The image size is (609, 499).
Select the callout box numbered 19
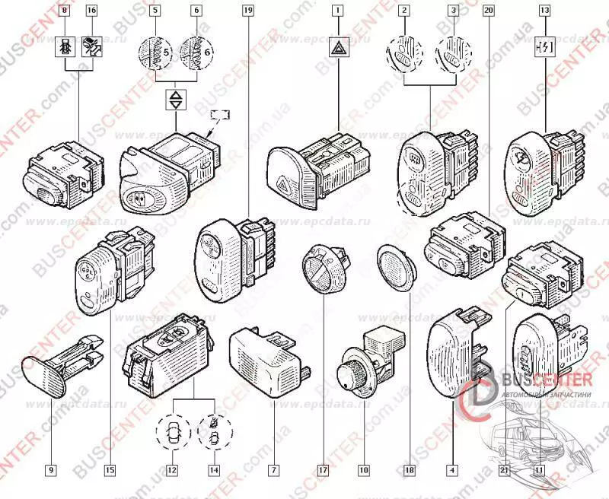[247, 11]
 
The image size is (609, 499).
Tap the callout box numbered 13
[544, 11]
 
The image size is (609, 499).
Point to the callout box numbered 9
[52, 470]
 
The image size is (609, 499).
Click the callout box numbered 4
[453, 470]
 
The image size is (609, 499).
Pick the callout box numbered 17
[324, 470]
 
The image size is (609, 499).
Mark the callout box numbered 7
[272, 470]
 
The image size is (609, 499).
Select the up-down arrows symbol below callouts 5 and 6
[176, 100]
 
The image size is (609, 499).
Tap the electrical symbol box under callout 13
[544, 49]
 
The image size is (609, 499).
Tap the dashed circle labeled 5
[155, 54]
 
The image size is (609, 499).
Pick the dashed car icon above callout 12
[173, 435]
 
